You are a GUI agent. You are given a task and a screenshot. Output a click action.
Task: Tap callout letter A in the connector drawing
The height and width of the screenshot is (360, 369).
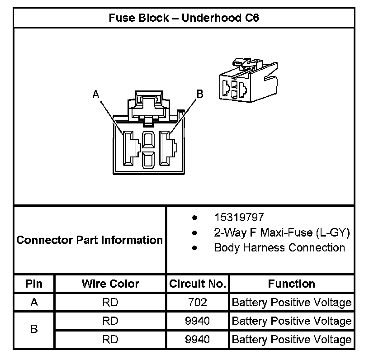95,94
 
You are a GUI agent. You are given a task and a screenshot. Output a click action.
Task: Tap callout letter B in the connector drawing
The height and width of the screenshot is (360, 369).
199,94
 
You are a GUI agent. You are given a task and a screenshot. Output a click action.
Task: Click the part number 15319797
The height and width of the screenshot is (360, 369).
239,218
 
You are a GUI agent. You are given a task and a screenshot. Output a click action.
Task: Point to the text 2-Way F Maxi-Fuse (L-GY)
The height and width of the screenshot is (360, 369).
282,232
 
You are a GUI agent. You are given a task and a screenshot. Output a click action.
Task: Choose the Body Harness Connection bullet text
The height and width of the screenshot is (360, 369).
279,247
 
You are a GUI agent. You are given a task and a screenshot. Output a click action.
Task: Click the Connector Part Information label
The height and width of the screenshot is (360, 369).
90,240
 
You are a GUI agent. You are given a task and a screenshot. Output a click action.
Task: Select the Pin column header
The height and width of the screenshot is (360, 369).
34,284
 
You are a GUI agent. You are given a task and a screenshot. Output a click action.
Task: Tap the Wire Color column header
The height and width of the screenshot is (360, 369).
110,284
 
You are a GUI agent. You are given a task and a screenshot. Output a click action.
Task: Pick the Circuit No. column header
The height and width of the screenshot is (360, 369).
198,284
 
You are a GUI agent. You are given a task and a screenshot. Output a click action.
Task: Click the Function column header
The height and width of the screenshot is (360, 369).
292,284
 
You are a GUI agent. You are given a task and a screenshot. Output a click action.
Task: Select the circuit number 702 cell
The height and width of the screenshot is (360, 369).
198,302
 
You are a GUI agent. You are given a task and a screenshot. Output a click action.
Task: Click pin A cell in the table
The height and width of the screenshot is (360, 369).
34,302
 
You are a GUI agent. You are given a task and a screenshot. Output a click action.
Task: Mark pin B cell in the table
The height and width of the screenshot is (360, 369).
34,330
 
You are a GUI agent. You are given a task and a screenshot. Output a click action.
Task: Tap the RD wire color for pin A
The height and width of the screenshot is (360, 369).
110,302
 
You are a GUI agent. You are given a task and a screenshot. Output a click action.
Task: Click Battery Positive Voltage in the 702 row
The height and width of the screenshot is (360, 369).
292,302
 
